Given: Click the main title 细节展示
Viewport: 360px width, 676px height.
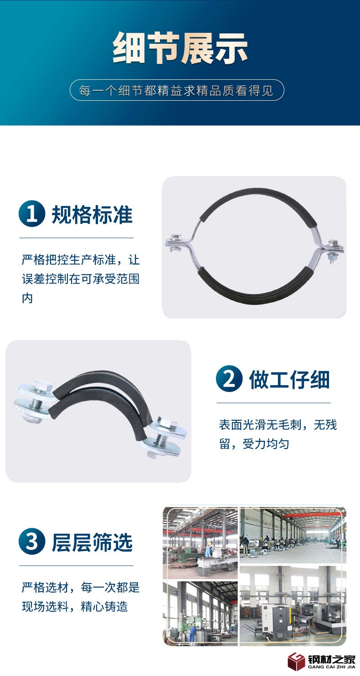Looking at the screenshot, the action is coord(180,48).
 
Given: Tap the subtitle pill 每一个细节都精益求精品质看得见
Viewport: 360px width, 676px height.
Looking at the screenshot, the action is coord(177,90).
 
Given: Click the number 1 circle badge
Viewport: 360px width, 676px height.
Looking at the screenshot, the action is coord(32,214).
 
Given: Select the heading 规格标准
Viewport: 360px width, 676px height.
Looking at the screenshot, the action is coord(92,215).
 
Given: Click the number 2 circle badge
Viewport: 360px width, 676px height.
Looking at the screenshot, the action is coord(229,379).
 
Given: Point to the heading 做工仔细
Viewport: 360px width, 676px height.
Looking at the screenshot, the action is coord(289,380).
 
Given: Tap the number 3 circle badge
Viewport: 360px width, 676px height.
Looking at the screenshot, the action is coord(32,542).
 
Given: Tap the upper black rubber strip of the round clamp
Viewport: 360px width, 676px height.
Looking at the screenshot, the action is coord(259,199).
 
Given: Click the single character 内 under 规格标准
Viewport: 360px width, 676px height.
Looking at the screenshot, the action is coord(27,298).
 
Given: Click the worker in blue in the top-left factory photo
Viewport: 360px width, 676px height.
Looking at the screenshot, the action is coord(208,550).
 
